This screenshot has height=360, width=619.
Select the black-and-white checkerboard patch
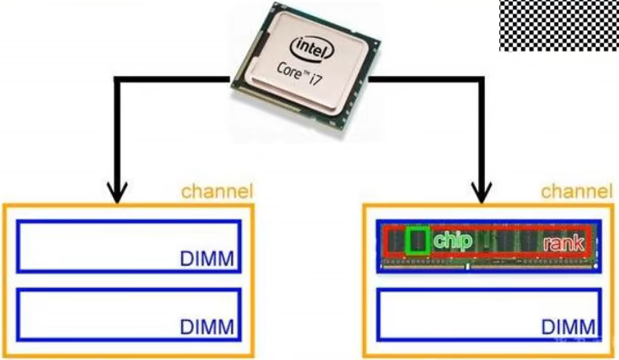[x=558, y=25]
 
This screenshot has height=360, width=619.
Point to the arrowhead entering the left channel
[x=116, y=193]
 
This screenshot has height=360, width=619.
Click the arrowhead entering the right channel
[x=480, y=193]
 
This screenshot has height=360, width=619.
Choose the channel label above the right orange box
[x=577, y=191]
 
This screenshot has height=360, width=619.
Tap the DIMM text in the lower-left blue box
[x=208, y=328]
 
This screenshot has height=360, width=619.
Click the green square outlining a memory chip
[x=416, y=240]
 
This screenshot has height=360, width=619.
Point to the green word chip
[x=453, y=241]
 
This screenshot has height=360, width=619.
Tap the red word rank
[x=564, y=243]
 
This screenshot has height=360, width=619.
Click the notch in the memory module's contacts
[x=468, y=265]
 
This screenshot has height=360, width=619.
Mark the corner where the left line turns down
[x=116, y=79]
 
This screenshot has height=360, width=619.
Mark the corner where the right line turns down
[x=480, y=79]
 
